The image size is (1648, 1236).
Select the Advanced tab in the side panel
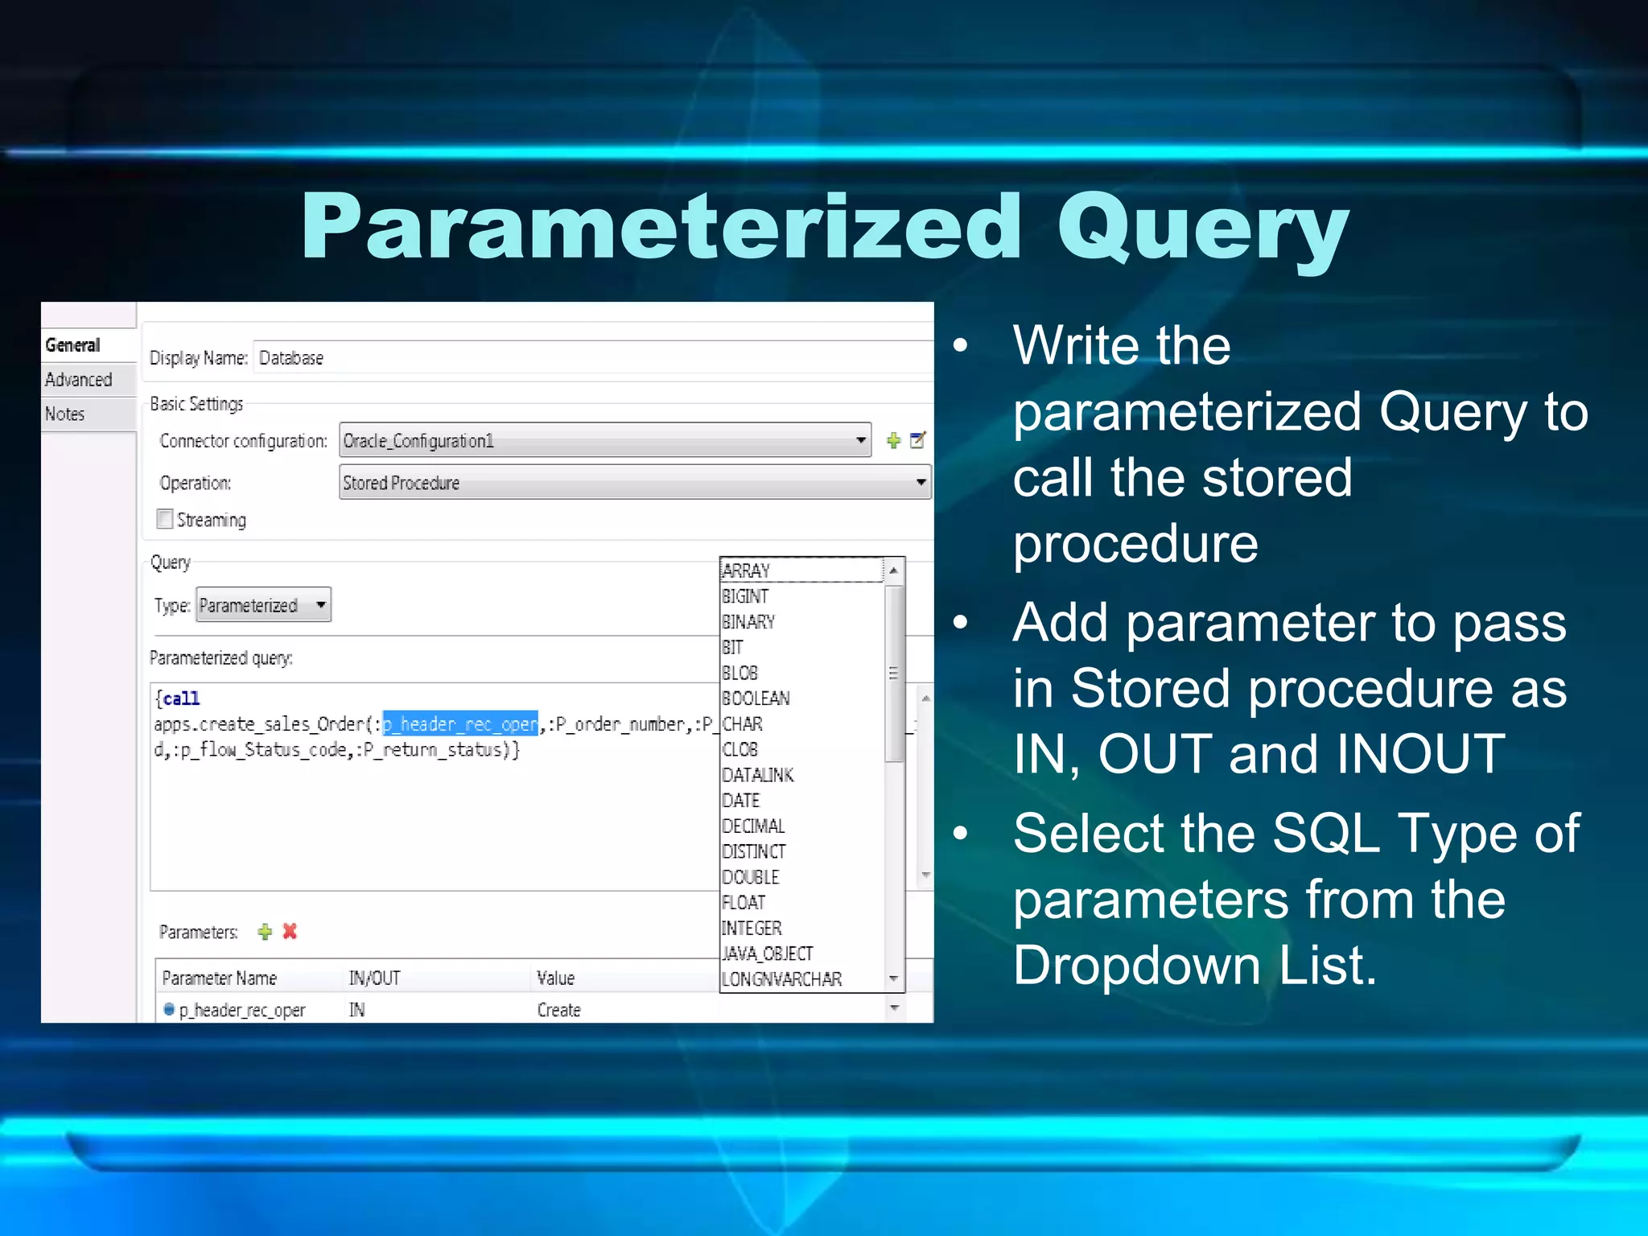[x=79, y=380]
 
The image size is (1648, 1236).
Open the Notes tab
[x=65, y=414]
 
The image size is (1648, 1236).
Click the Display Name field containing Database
[x=591, y=358]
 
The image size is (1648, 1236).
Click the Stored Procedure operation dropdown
[x=634, y=483]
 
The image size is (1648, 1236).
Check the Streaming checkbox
[x=165, y=519]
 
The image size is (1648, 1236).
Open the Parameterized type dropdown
[x=263, y=605]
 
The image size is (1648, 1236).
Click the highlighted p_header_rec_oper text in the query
[x=460, y=724]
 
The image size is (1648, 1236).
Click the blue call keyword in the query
[x=181, y=698]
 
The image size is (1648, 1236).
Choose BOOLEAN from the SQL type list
[x=756, y=698]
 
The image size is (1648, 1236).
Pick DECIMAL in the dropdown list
[x=753, y=826]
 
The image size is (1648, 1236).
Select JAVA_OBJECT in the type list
[x=768, y=954]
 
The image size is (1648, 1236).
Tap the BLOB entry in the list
[x=740, y=673]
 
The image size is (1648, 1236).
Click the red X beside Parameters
[x=290, y=931]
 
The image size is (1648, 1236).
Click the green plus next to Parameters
[x=265, y=932]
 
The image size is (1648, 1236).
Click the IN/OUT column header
[x=374, y=978]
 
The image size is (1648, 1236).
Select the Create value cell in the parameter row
[x=559, y=1010]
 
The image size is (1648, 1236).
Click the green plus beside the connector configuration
[x=893, y=441]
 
